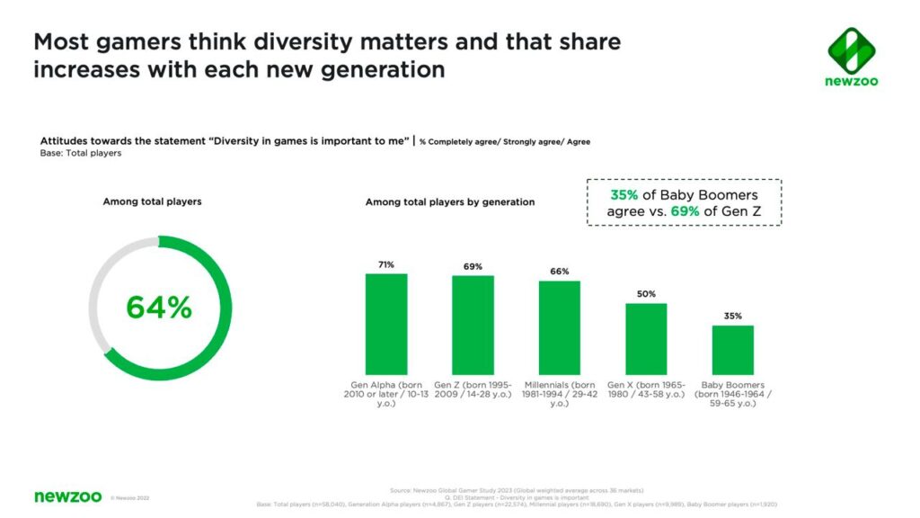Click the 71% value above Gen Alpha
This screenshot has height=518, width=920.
386,264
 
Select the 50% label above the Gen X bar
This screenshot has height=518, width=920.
646,294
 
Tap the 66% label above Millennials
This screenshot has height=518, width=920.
559,272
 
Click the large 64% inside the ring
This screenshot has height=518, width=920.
159,308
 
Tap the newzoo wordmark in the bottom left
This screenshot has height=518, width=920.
67,496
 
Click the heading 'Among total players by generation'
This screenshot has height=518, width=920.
449,202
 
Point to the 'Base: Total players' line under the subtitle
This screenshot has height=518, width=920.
81,153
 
